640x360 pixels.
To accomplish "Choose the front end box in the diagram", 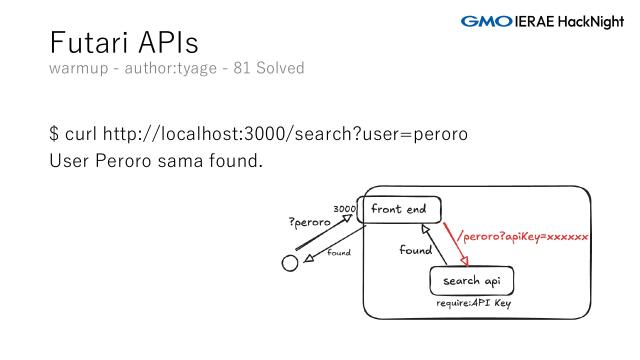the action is (399, 209).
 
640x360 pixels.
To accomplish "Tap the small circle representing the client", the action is (290, 264).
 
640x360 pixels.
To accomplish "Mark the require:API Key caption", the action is (474, 303).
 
